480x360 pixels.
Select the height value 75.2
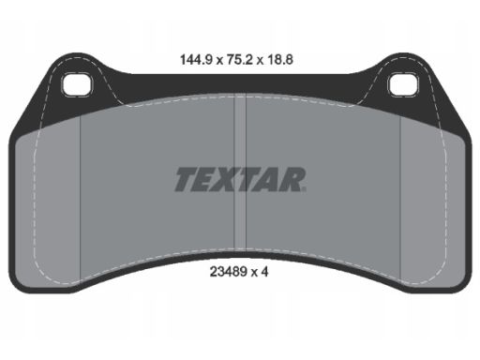pos(239,56)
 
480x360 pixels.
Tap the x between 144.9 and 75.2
pos(217,57)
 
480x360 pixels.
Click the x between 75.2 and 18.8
pos(262,57)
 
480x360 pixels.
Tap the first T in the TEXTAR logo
pos(187,178)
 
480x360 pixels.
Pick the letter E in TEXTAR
pos(207,178)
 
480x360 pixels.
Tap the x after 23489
pos(255,277)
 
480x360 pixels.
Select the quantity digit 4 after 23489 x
pos(266,276)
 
